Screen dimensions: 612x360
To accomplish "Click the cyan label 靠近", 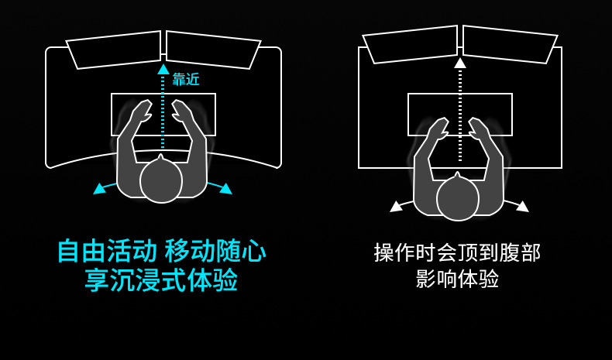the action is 186,79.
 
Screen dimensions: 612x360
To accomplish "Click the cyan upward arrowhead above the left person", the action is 163,69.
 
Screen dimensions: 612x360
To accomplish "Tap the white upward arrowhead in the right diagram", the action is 460,63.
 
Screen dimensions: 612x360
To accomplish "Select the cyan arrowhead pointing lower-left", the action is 99,188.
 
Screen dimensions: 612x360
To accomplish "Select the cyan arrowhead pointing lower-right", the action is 225,188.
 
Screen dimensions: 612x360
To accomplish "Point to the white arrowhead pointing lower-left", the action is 396,206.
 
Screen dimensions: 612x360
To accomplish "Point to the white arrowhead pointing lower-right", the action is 523,206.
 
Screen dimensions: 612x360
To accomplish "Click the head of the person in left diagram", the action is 161,180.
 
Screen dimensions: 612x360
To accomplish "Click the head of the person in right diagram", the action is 458,198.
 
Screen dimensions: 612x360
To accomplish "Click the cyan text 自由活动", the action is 107,251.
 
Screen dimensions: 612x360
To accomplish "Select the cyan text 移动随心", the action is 215,251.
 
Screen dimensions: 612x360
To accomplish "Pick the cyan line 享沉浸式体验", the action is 161,279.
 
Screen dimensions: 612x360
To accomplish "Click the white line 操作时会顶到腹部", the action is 457,252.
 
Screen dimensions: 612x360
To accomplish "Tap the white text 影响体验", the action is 457,279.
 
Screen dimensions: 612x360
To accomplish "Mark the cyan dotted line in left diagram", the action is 163,112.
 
